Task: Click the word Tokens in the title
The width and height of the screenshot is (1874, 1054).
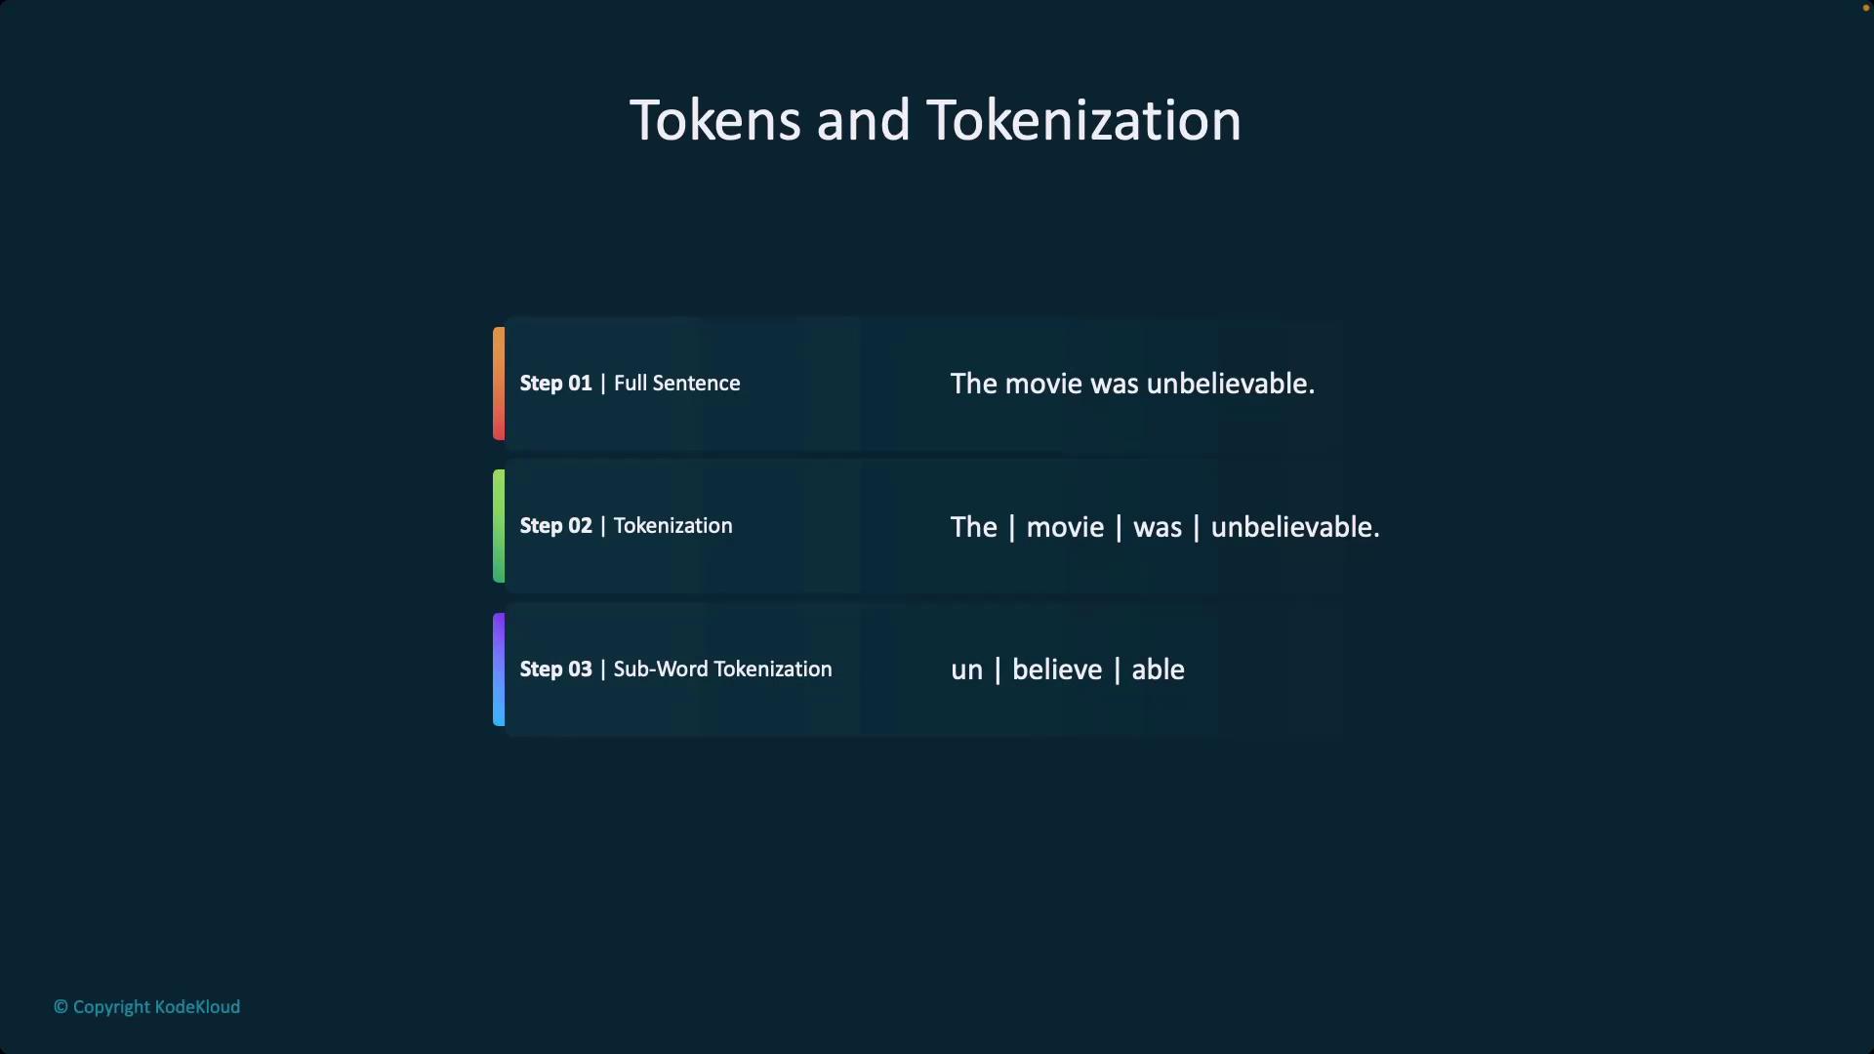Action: click(715, 121)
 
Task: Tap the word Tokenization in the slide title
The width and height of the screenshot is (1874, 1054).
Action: click(1083, 121)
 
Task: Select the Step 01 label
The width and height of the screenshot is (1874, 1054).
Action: click(555, 384)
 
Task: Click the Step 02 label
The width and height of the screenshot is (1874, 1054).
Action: click(555, 526)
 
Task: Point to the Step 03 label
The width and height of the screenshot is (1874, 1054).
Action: click(555, 669)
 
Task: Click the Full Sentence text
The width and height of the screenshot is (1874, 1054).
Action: click(676, 384)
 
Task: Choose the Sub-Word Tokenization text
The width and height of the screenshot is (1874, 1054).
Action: click(722, 669)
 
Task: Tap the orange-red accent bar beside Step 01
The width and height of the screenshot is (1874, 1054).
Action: click(499, 384)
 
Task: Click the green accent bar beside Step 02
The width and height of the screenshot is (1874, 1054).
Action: click(499, 526)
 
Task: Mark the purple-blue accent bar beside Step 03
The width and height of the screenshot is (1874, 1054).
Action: click(499, 669)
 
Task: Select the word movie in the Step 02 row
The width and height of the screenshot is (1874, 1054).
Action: click(1065, 528)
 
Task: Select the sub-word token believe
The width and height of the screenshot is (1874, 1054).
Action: click(1057, 669)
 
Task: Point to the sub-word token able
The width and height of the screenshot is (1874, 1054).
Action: click(1158, 669)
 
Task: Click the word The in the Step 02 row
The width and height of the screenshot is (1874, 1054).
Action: click(974, 527)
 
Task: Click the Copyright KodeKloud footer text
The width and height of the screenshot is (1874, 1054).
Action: click(146, 1007)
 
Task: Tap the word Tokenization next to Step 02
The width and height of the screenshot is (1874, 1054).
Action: click(672, 526)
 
